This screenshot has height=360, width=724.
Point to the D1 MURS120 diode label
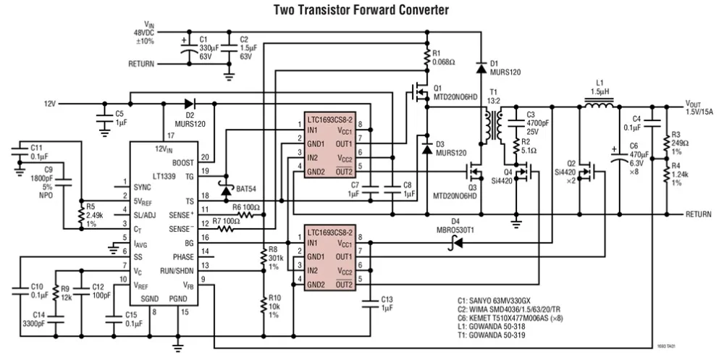(504, 67)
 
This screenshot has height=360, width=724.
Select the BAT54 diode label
(247, 189)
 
